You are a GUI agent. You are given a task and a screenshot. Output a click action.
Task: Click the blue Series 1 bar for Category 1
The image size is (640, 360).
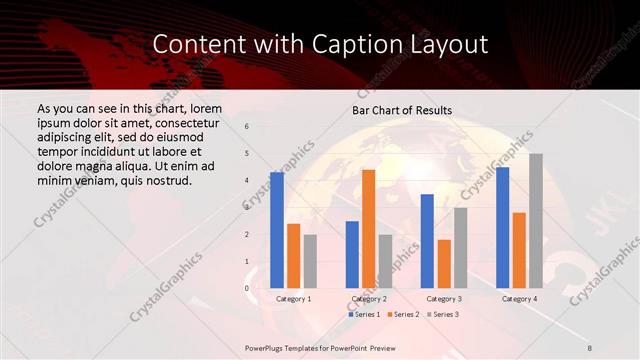click(277, 230)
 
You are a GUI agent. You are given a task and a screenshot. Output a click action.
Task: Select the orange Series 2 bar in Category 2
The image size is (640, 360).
click(368, 229)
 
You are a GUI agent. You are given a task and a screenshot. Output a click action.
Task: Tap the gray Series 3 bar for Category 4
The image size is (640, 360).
click(536, 221)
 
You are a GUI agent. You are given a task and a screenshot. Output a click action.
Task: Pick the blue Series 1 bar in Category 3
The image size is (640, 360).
click(427, 241)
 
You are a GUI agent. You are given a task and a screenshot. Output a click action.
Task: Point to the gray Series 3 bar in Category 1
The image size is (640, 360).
click(310, 261)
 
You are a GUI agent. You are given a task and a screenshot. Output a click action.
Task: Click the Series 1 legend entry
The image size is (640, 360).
click(365, 314)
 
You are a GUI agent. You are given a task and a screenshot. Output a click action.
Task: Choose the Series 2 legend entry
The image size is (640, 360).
click(403, 314)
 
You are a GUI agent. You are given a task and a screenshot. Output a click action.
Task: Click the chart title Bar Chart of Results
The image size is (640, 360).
click(403, 109)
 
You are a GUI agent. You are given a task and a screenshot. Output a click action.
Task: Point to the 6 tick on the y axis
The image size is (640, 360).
click(247, 126)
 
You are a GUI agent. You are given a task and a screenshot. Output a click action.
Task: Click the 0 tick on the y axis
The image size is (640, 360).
click(247, 288)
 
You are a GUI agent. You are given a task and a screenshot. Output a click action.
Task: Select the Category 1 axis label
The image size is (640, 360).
click(293, 299)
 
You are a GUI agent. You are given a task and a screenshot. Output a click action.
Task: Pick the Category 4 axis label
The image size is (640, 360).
click(519, 299)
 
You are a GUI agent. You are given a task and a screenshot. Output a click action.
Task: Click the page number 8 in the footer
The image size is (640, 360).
click(590, 346)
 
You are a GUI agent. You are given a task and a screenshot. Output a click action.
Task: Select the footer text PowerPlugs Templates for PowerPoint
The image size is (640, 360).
click(318, 346)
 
